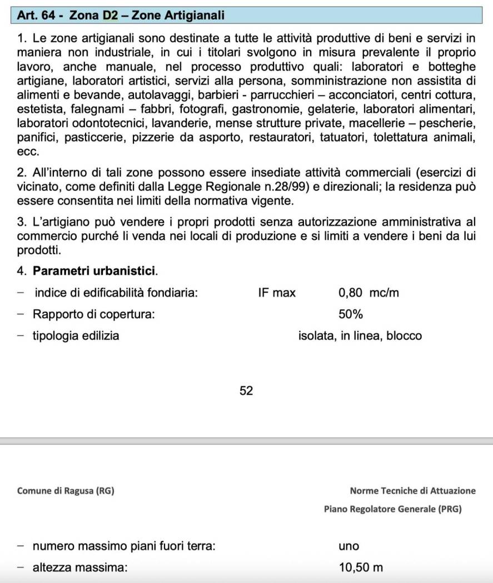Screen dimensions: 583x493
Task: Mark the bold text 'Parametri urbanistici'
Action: tap(94, 272)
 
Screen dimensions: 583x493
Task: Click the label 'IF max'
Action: tap(276, 293)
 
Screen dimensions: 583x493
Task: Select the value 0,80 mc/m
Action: tap(368, 293)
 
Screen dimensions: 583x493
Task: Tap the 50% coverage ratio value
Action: tap(350, 314)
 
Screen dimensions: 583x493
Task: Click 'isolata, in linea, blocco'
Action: tap(360, 336)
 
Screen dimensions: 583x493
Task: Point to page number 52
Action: tap(246, 391)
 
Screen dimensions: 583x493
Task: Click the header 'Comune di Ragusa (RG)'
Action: tap(66, 491)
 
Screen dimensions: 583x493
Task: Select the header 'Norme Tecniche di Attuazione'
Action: tap(412, 491)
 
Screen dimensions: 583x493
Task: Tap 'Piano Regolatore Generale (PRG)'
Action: tap(392, 509)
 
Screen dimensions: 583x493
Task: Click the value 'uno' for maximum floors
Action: tap(348, 546)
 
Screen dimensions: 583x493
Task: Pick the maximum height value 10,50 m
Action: tap(361, 567)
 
